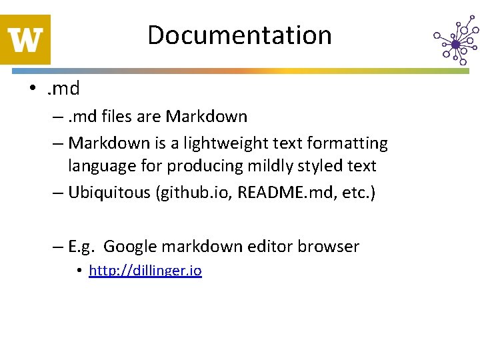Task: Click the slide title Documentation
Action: (239, 35)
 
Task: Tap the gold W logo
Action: (25, 39)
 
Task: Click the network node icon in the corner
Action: (455, 41)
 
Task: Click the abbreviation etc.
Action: (355, 193)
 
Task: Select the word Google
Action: (129, 247)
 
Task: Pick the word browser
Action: (328, 247)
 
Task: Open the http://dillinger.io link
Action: (145, 271)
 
